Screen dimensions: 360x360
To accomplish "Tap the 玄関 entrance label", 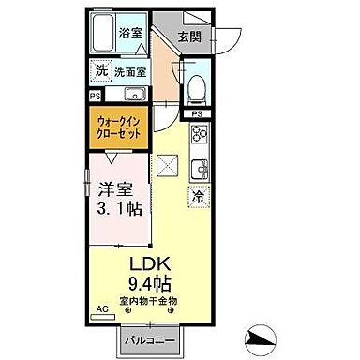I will pyautogui.click(x=191, y=37).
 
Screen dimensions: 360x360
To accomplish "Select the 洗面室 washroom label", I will pyautogui.click(x=131, y=71).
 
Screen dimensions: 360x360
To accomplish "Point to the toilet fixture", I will pyautogui.click(x=194, y=86).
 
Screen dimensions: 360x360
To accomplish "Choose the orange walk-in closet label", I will pyautogui.click(x=121, y=127).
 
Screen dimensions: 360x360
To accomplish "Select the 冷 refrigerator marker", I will pyautogui.click(x=198, y=197).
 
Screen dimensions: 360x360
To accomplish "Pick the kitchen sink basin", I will pyautogui.click(x=199, y=170).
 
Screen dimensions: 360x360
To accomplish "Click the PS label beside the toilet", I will pyautogui.click(x=197, y=114).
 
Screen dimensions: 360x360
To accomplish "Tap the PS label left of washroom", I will pyautogui.click(x=96, y=96).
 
